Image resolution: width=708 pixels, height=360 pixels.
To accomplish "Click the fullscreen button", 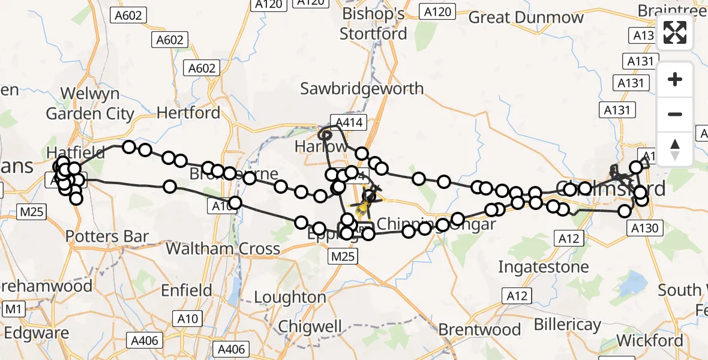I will [675, 33].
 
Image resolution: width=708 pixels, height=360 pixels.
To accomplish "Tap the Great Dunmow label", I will [526, 17].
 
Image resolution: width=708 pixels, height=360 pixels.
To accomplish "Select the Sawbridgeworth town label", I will [362, 89].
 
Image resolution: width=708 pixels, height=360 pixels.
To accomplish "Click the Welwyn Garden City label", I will [90, 103].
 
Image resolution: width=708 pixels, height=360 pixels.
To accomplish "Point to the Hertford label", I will [188, 112].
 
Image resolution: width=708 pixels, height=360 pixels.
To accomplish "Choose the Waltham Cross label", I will [223, 248].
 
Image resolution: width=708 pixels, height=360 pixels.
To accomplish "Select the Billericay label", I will [567, 325].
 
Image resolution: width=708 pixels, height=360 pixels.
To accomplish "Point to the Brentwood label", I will [479, 329].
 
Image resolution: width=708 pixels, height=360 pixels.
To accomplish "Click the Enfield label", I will [187, 291].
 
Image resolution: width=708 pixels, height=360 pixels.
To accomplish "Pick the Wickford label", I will [650, 341].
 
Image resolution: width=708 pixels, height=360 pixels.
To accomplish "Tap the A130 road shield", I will [646, 228].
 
